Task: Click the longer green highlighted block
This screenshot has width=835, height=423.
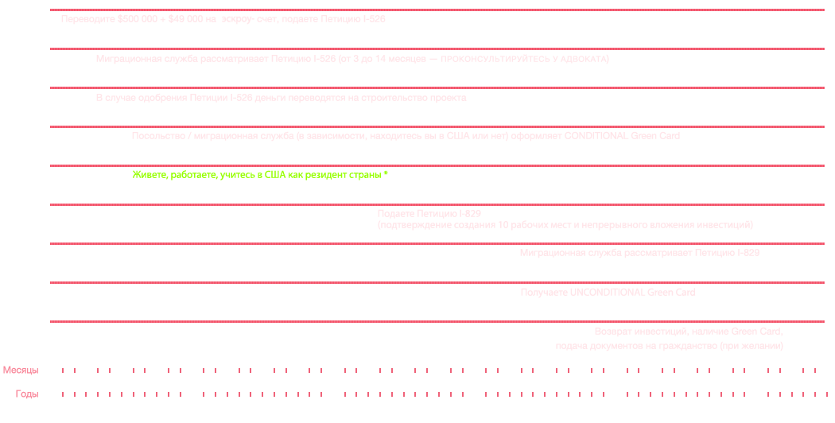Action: [317, 175]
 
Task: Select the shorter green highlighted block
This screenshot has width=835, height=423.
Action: [183, 175]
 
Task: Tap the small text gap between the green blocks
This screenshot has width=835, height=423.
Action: [241, 175]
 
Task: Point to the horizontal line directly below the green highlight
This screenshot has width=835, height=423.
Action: [437, 204]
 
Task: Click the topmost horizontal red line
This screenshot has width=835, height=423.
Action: [437, 10]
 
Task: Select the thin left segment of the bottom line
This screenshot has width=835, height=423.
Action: [171, 321]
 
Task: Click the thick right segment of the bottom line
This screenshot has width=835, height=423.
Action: [557, 321]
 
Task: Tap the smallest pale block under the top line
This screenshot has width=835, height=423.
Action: [238, 20]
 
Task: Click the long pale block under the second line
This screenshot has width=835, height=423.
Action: [354, 59]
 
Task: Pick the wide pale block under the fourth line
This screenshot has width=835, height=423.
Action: [406, 137]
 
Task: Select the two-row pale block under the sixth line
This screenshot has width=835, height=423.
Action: [561, 220]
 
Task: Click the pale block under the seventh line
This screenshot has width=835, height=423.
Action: [640, 253]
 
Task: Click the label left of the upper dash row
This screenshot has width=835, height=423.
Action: [21, 371]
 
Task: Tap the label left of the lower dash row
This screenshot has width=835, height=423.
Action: [27, 394]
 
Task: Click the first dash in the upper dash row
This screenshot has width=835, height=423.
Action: [63, 371]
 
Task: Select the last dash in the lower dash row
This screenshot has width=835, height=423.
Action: [826, 394]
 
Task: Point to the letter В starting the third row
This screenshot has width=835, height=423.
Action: [99, 98]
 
